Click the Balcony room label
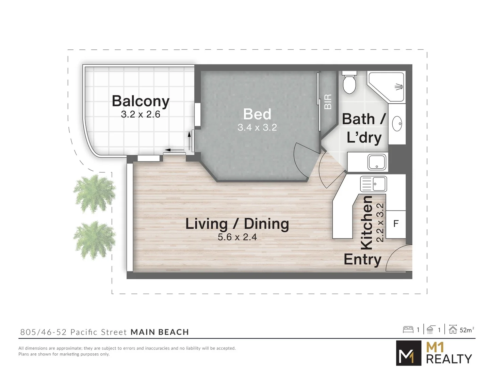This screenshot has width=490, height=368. pyautogui.click(x=141, y=101)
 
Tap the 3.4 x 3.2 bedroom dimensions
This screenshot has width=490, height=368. pyautogui.click(x=257, y=128)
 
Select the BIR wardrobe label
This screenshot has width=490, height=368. pyautogui.click(x=328, y=102)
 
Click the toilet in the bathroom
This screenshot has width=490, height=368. pyautogui.click(x=349, y=83)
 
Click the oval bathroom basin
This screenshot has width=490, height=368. pyautogui.click(x=397, y=124)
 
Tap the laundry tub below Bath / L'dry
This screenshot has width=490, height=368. pyautogui.click(x=377, y=162)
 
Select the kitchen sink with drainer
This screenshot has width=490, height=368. pyautogui.click(x=373, y=184)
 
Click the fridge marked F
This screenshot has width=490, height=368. pyautogui.click(x=396, y=224)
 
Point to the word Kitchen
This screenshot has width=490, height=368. pyautogui.click(x=366, y=222)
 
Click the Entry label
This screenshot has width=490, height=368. pyautogui.click(x=362, y=260)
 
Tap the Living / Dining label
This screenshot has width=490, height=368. pyautogui.click(x=237, y=224)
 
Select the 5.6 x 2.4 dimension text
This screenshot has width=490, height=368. pyautogui.click(x=237, y=237)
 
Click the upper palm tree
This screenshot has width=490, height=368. pyautogui.click(x=94, y=193)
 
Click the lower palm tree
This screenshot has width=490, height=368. pyautogui.click(x=94, y=240)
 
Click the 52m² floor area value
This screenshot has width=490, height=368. pyautogui.click(x=466, y=330)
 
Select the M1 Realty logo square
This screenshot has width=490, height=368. pyautogui.click(x=408, y=353)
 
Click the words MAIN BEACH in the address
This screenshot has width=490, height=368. pyautogui.click(x=160, y=332)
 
